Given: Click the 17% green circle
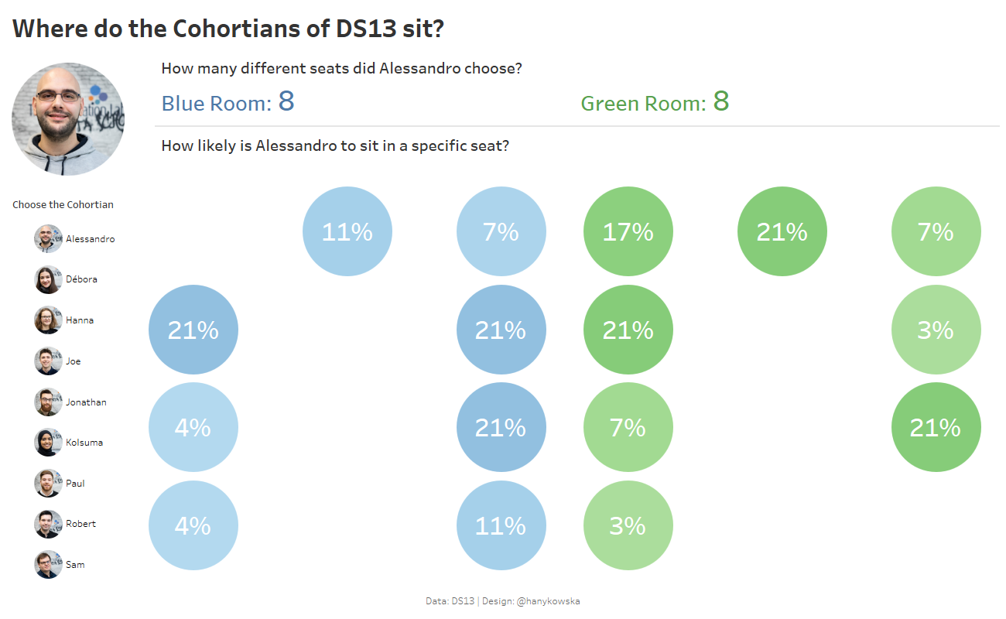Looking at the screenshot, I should [628, 231].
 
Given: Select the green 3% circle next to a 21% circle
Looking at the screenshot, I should [936, 330].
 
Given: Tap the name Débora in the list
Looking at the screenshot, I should [81, 279].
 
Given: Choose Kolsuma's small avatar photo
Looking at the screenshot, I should [48, 443].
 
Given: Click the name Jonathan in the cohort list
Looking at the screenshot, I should [86, 402].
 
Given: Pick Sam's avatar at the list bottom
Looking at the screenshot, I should [48, 565].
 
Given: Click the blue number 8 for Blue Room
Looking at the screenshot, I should [286, 101].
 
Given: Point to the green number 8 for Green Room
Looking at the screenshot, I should [720, 101].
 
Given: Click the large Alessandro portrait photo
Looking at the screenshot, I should [68, 119].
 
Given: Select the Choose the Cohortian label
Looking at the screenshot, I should [63, 205].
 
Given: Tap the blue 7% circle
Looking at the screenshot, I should [501, 231].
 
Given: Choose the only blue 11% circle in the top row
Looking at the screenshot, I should [347, 231].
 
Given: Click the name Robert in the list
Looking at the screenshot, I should [80, 524].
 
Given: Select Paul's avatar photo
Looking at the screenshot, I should [48, 484].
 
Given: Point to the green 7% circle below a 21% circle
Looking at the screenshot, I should [628, 427].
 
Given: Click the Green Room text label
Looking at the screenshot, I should [643, 104].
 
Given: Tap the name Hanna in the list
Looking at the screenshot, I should [80, 320].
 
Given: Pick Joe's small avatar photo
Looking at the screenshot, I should [48, 361].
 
